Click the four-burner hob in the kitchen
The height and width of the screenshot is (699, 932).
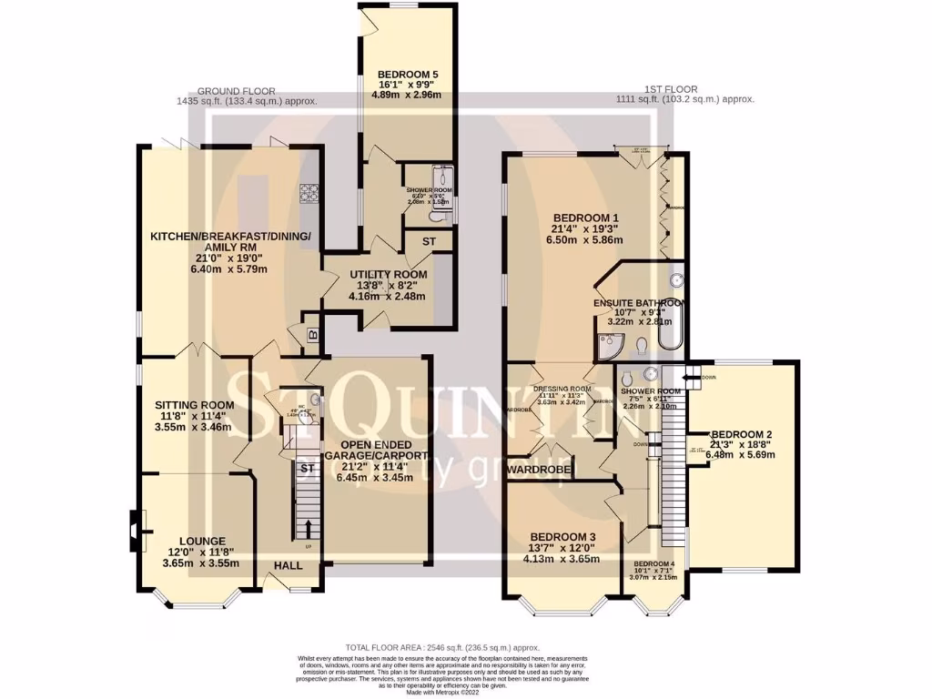309,192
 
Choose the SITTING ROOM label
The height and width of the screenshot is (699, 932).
194,405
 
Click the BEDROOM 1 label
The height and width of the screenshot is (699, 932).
587,218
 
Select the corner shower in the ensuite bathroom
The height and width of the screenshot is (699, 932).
609,343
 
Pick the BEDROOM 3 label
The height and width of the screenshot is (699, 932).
562,536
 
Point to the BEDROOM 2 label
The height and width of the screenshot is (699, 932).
742,434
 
